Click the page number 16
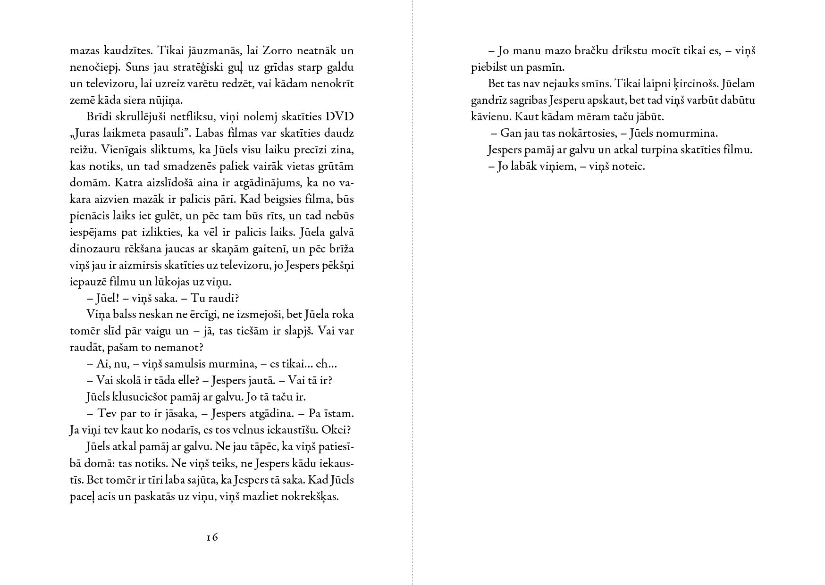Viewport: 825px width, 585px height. [212, 537]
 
